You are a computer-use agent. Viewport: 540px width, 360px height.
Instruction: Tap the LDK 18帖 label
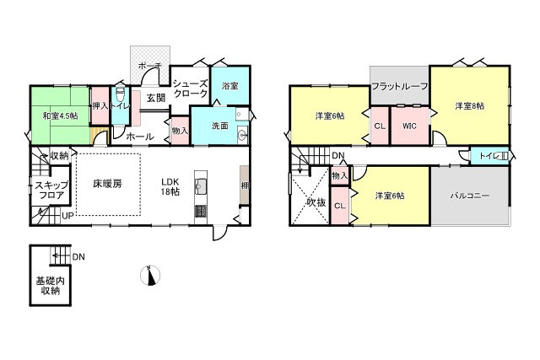171,186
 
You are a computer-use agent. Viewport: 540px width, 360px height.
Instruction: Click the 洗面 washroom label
220,126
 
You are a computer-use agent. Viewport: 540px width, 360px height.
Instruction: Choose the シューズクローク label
190,89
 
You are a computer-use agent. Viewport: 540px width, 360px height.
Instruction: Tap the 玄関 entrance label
154,98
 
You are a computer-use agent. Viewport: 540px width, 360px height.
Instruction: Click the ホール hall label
140,137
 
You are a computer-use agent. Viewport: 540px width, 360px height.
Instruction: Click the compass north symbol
151,276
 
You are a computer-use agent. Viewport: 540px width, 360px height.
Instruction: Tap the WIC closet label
409,126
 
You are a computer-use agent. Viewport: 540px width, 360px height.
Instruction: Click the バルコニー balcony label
469,196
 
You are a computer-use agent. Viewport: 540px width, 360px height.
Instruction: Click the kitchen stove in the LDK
201,211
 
